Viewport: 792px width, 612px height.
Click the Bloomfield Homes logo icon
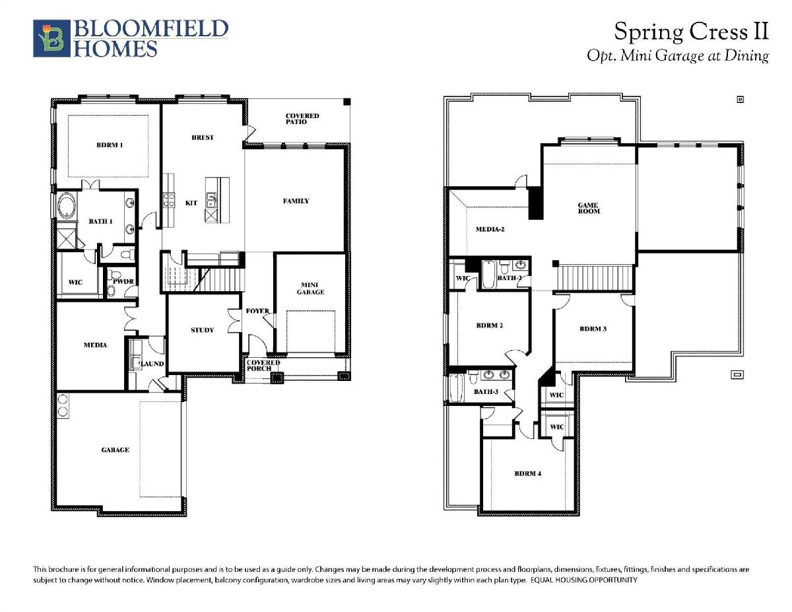pyautogui.click(x=51, y=38)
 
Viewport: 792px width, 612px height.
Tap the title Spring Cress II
pyautogui.click(x=691, y=32)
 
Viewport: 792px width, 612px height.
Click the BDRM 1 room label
pyautogui.click(x=110, y=145)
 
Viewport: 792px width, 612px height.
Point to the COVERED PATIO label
pyautogui.click(x=302, y=118)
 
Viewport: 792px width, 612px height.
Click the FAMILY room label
pyautogui.click(x=296, y=201)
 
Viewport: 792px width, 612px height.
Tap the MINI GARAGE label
pyautogui.click(x=311, y=289)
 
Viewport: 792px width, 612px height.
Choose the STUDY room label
pyautogui.click(x=202, y=330)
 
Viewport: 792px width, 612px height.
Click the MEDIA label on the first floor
pyautogui.click(x=96, y=345)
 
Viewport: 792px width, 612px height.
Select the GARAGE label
pyautogui.click(x=115, y=450)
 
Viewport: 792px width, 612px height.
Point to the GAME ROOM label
pyautogui.click(x=589, y=208)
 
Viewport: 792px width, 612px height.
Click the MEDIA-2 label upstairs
pyautogui.click(x=490, y=229)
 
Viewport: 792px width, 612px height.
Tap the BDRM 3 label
pyautogui.click(x=593, y=329)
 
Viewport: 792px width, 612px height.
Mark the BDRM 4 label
pyautogui.click(x=528, y=473)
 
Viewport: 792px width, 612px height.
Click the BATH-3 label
pyautogui.click(x=486, y=392)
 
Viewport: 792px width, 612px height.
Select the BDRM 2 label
pyautogui.click(x=490, y=325)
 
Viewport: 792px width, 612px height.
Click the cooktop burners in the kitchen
pyautogui.click(x=168, y=201)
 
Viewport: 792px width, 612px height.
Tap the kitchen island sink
pyautogui.click(x=211, y=200)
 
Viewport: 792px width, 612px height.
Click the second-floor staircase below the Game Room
pyautogui.click(x=595, y=278)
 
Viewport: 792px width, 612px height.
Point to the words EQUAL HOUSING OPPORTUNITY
pyautogui.click(x=584, y=580)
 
